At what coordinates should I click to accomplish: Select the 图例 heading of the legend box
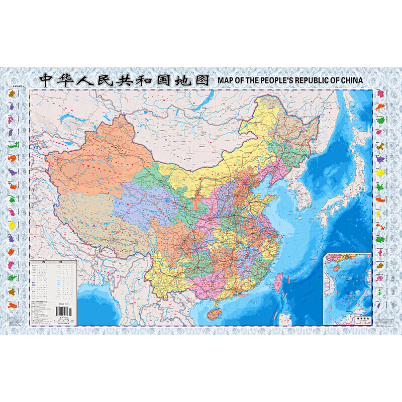tap(53, 262)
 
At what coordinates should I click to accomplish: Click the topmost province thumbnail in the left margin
tap(11, 93)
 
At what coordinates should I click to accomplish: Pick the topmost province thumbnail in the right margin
tap(380, 94)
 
